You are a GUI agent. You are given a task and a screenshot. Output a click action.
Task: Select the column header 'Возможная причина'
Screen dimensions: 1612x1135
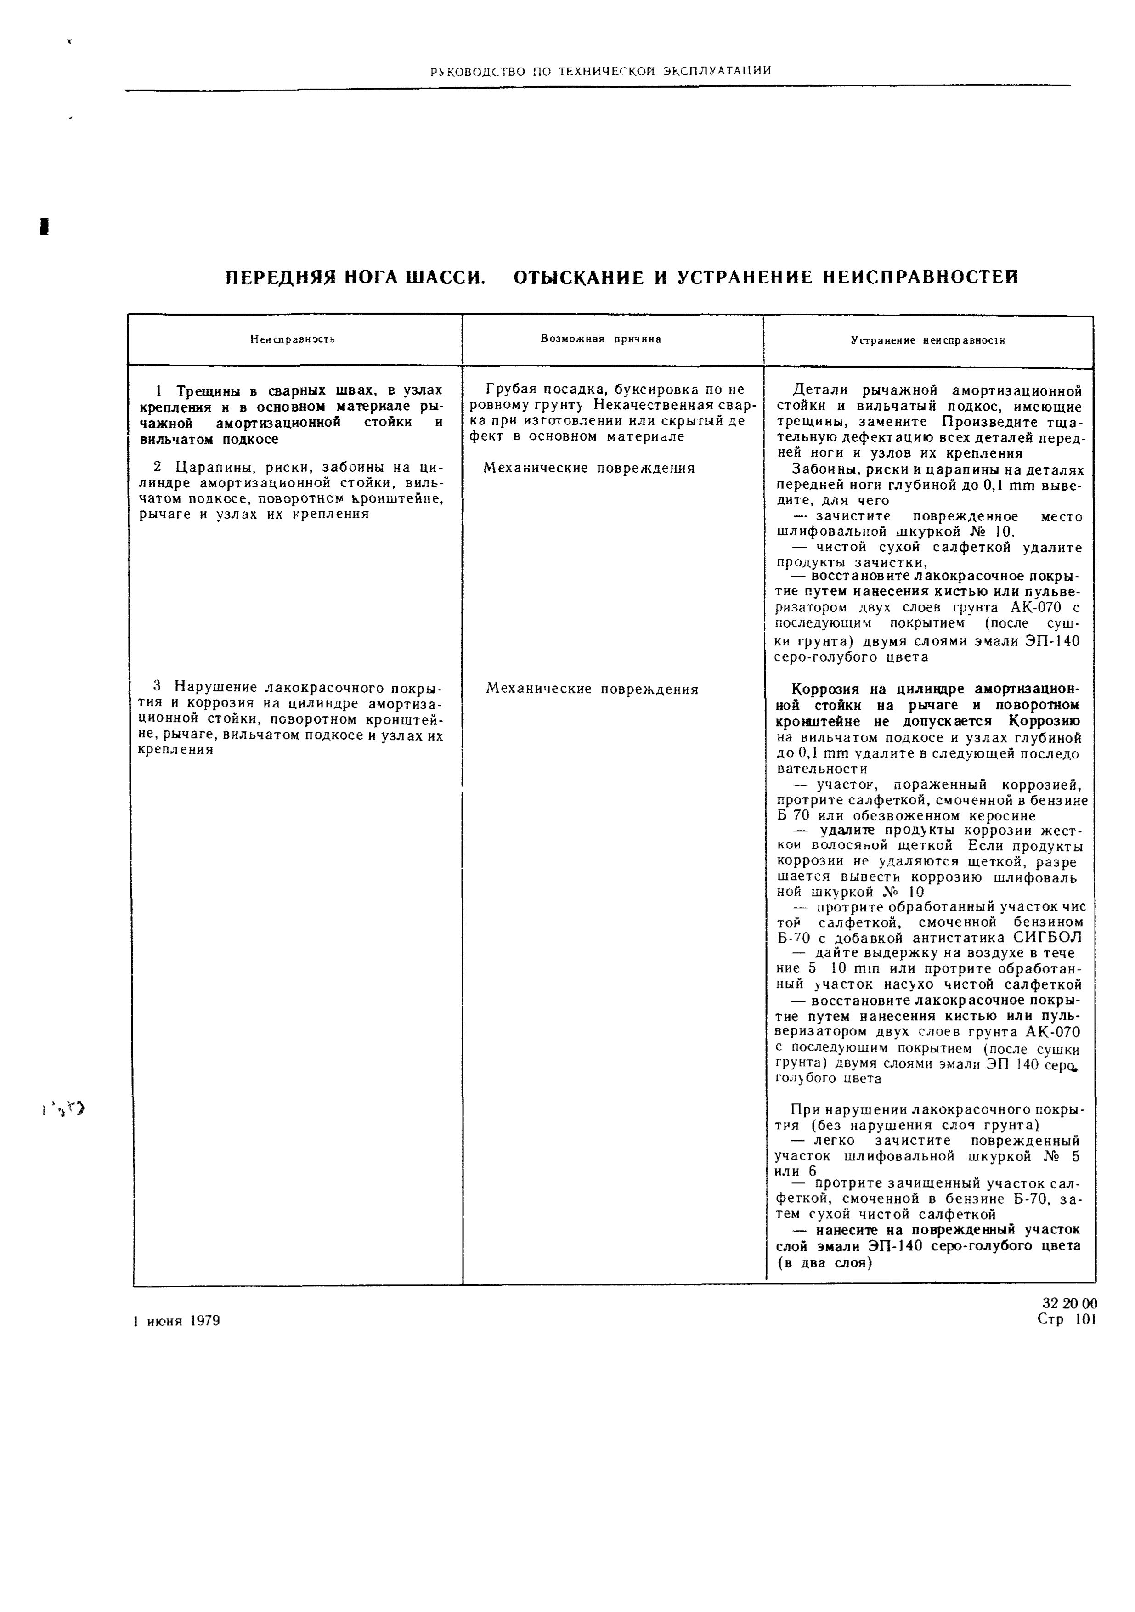point(601,339)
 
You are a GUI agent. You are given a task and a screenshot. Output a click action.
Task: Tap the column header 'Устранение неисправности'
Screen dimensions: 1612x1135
point(928,340)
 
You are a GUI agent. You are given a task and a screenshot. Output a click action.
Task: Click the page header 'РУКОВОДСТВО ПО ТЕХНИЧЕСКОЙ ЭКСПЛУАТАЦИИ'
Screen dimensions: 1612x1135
point(601,71)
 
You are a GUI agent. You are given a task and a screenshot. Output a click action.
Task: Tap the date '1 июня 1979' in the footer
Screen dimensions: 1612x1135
point(177,1321)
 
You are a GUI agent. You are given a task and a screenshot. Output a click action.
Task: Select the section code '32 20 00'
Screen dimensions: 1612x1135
point(1070,1304)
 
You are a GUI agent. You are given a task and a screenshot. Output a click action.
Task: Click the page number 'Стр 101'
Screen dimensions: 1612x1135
point(1066,1320)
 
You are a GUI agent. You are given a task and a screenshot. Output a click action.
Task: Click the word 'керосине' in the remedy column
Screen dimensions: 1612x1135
point(1005,816)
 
